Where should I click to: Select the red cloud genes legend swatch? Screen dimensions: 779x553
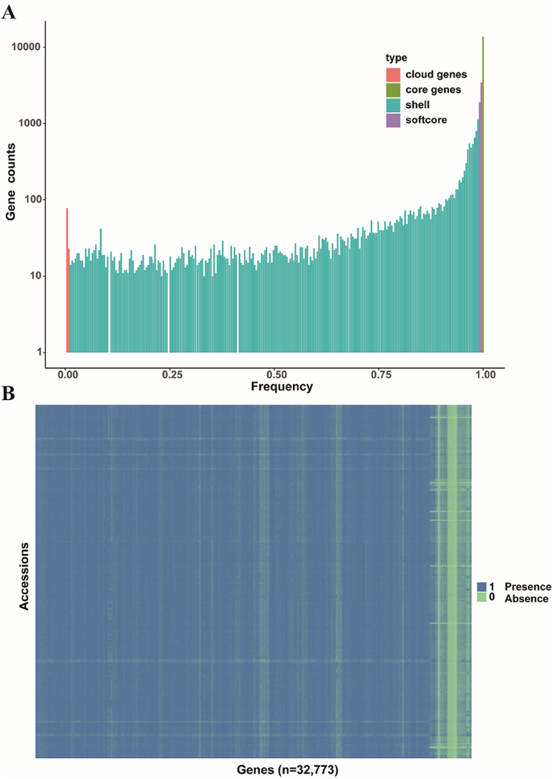393,74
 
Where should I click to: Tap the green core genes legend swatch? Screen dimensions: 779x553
393,90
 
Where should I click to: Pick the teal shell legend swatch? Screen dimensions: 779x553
393,105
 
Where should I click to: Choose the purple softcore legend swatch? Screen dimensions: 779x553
393,120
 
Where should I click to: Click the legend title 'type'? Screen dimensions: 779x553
396,58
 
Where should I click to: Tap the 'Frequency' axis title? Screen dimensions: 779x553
281,387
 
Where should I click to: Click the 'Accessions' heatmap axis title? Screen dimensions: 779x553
24,580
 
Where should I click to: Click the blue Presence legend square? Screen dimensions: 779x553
481,586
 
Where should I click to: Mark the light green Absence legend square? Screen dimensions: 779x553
481,598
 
